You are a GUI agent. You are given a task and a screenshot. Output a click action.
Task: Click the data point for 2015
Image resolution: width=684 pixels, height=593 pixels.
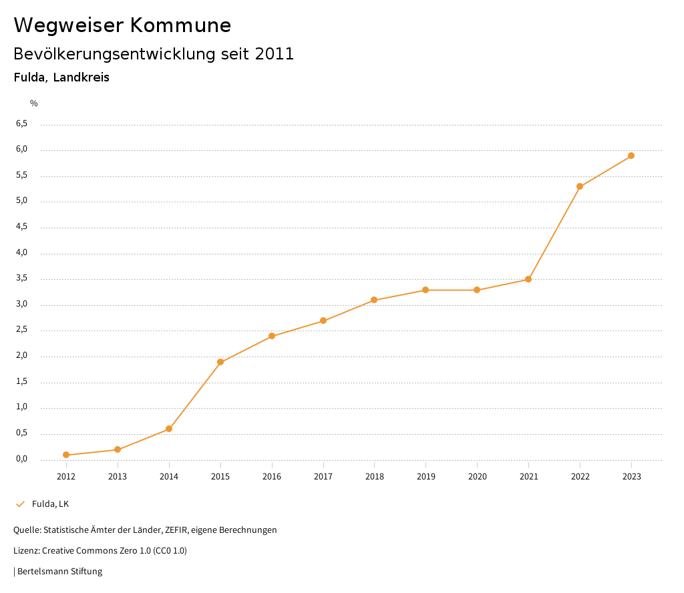coord(220,362)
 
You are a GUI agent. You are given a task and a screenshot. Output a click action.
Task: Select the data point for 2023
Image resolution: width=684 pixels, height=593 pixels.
coord(631,156)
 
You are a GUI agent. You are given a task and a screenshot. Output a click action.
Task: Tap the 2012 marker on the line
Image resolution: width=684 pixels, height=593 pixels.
coord(66,455)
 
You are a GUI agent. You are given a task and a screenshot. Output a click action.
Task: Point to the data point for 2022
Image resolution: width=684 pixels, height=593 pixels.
coord(580,186)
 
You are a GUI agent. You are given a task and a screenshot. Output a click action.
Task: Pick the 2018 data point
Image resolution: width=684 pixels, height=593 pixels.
coord(374,300)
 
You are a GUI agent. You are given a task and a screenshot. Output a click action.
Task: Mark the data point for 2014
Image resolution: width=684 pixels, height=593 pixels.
coord(169,429)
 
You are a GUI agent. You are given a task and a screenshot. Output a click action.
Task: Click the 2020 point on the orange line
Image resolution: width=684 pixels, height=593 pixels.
coord(477,290)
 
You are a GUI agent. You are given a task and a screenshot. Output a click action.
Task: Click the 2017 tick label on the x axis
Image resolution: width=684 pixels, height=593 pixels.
coord(323,476)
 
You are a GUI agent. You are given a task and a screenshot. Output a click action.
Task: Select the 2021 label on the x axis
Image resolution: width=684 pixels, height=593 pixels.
coord(528,476)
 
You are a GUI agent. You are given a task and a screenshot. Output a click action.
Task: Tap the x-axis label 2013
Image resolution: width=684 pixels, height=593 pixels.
coord(118,476)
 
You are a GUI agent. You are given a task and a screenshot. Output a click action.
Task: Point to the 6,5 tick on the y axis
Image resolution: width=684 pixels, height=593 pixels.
coord(22,124)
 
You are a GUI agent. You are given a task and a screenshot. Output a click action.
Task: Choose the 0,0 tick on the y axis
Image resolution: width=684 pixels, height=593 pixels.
coord(22,459)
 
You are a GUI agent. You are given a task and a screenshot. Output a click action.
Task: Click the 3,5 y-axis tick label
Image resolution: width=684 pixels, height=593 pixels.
coord(22,278)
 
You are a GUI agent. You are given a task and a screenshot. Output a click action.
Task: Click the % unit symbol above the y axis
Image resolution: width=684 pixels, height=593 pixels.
coord(34,103)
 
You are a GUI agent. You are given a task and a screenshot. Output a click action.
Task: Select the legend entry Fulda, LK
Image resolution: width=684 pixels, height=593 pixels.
coord(50,504)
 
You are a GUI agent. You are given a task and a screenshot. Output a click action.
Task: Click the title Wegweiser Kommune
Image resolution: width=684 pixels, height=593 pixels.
coord(122,25)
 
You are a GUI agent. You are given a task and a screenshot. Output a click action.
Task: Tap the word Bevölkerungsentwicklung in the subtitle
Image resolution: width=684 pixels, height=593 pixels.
coord(114,54)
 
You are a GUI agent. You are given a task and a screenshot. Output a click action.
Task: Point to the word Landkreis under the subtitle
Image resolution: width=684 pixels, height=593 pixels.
coord(81,77)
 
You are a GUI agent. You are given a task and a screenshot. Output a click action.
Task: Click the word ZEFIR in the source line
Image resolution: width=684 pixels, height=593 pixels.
coord(176,530)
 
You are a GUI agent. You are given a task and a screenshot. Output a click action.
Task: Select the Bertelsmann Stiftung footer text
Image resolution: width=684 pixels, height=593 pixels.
coord(59,571)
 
